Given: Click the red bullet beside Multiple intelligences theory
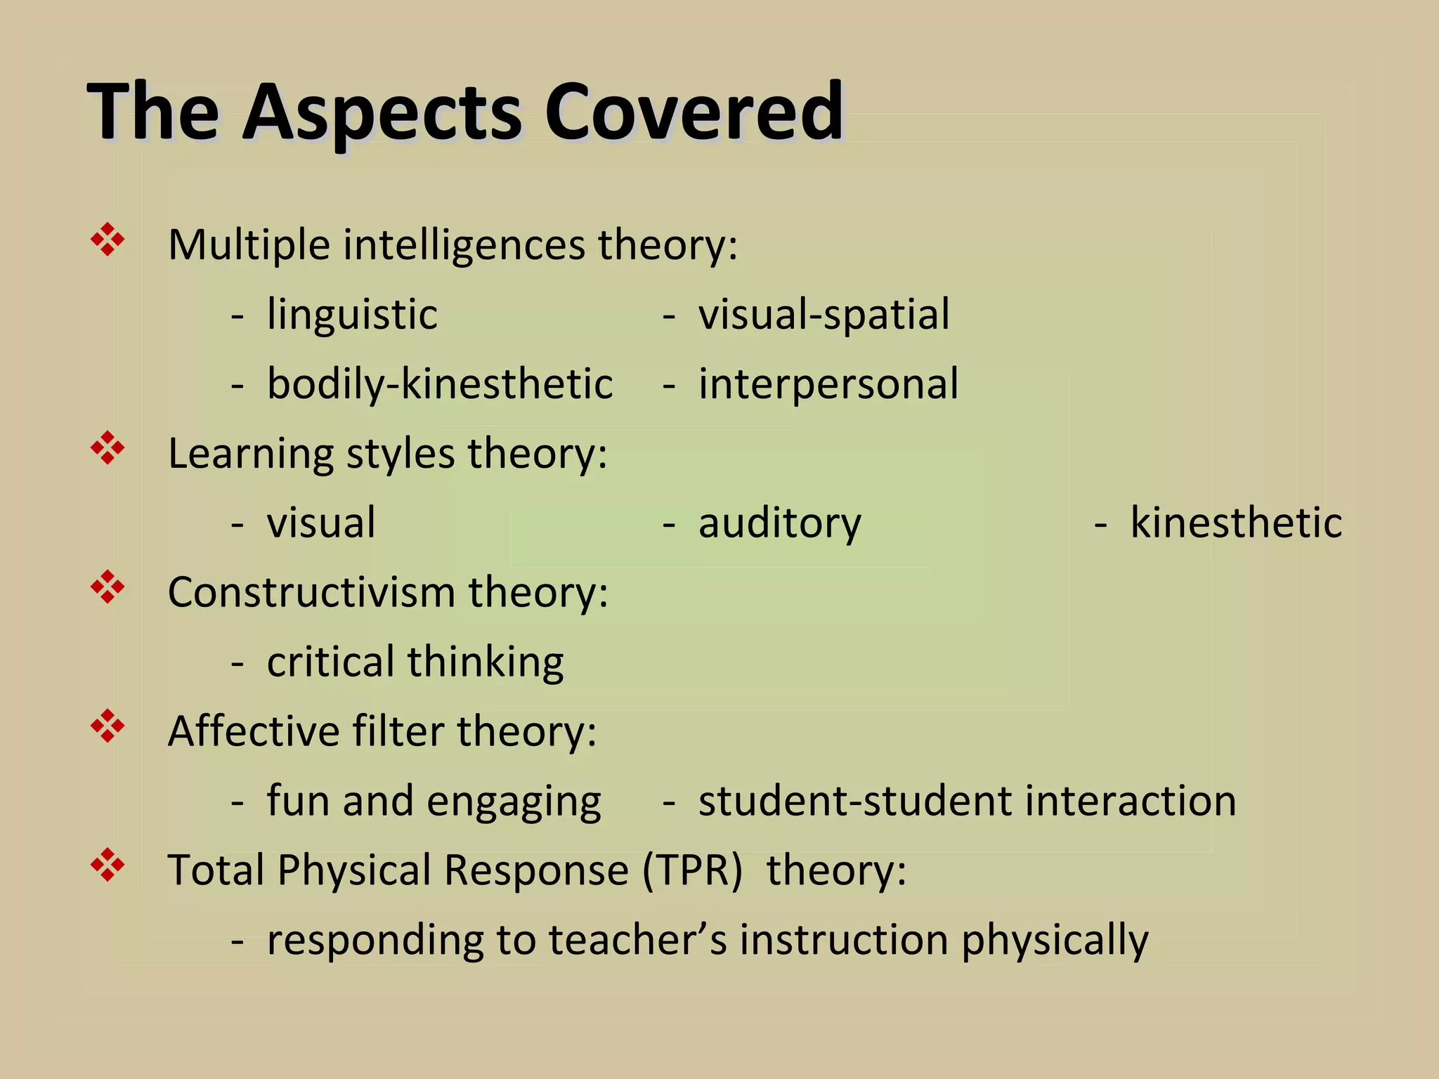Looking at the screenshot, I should coord(108,240).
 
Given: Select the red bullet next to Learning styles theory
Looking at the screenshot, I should coord(108,448).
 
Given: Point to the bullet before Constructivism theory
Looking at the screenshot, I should coord(108,587).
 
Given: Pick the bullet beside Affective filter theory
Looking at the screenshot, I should coord(108,726).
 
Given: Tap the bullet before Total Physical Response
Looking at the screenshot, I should coord(108,865).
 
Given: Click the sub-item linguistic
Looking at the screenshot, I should coord(352,314).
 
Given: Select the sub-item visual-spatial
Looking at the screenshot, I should coord(823,314).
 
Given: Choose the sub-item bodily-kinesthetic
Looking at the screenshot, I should coord(440,384).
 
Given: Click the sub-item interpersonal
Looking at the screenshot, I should coord(828,384).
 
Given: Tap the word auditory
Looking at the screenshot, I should coord(779,523).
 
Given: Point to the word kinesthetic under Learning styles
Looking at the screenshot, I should coord(1236,523).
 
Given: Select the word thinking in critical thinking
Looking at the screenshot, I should coord(485,662).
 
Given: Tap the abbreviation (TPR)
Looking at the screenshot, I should coord(691,870).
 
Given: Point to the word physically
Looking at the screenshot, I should coord(1055,941).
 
